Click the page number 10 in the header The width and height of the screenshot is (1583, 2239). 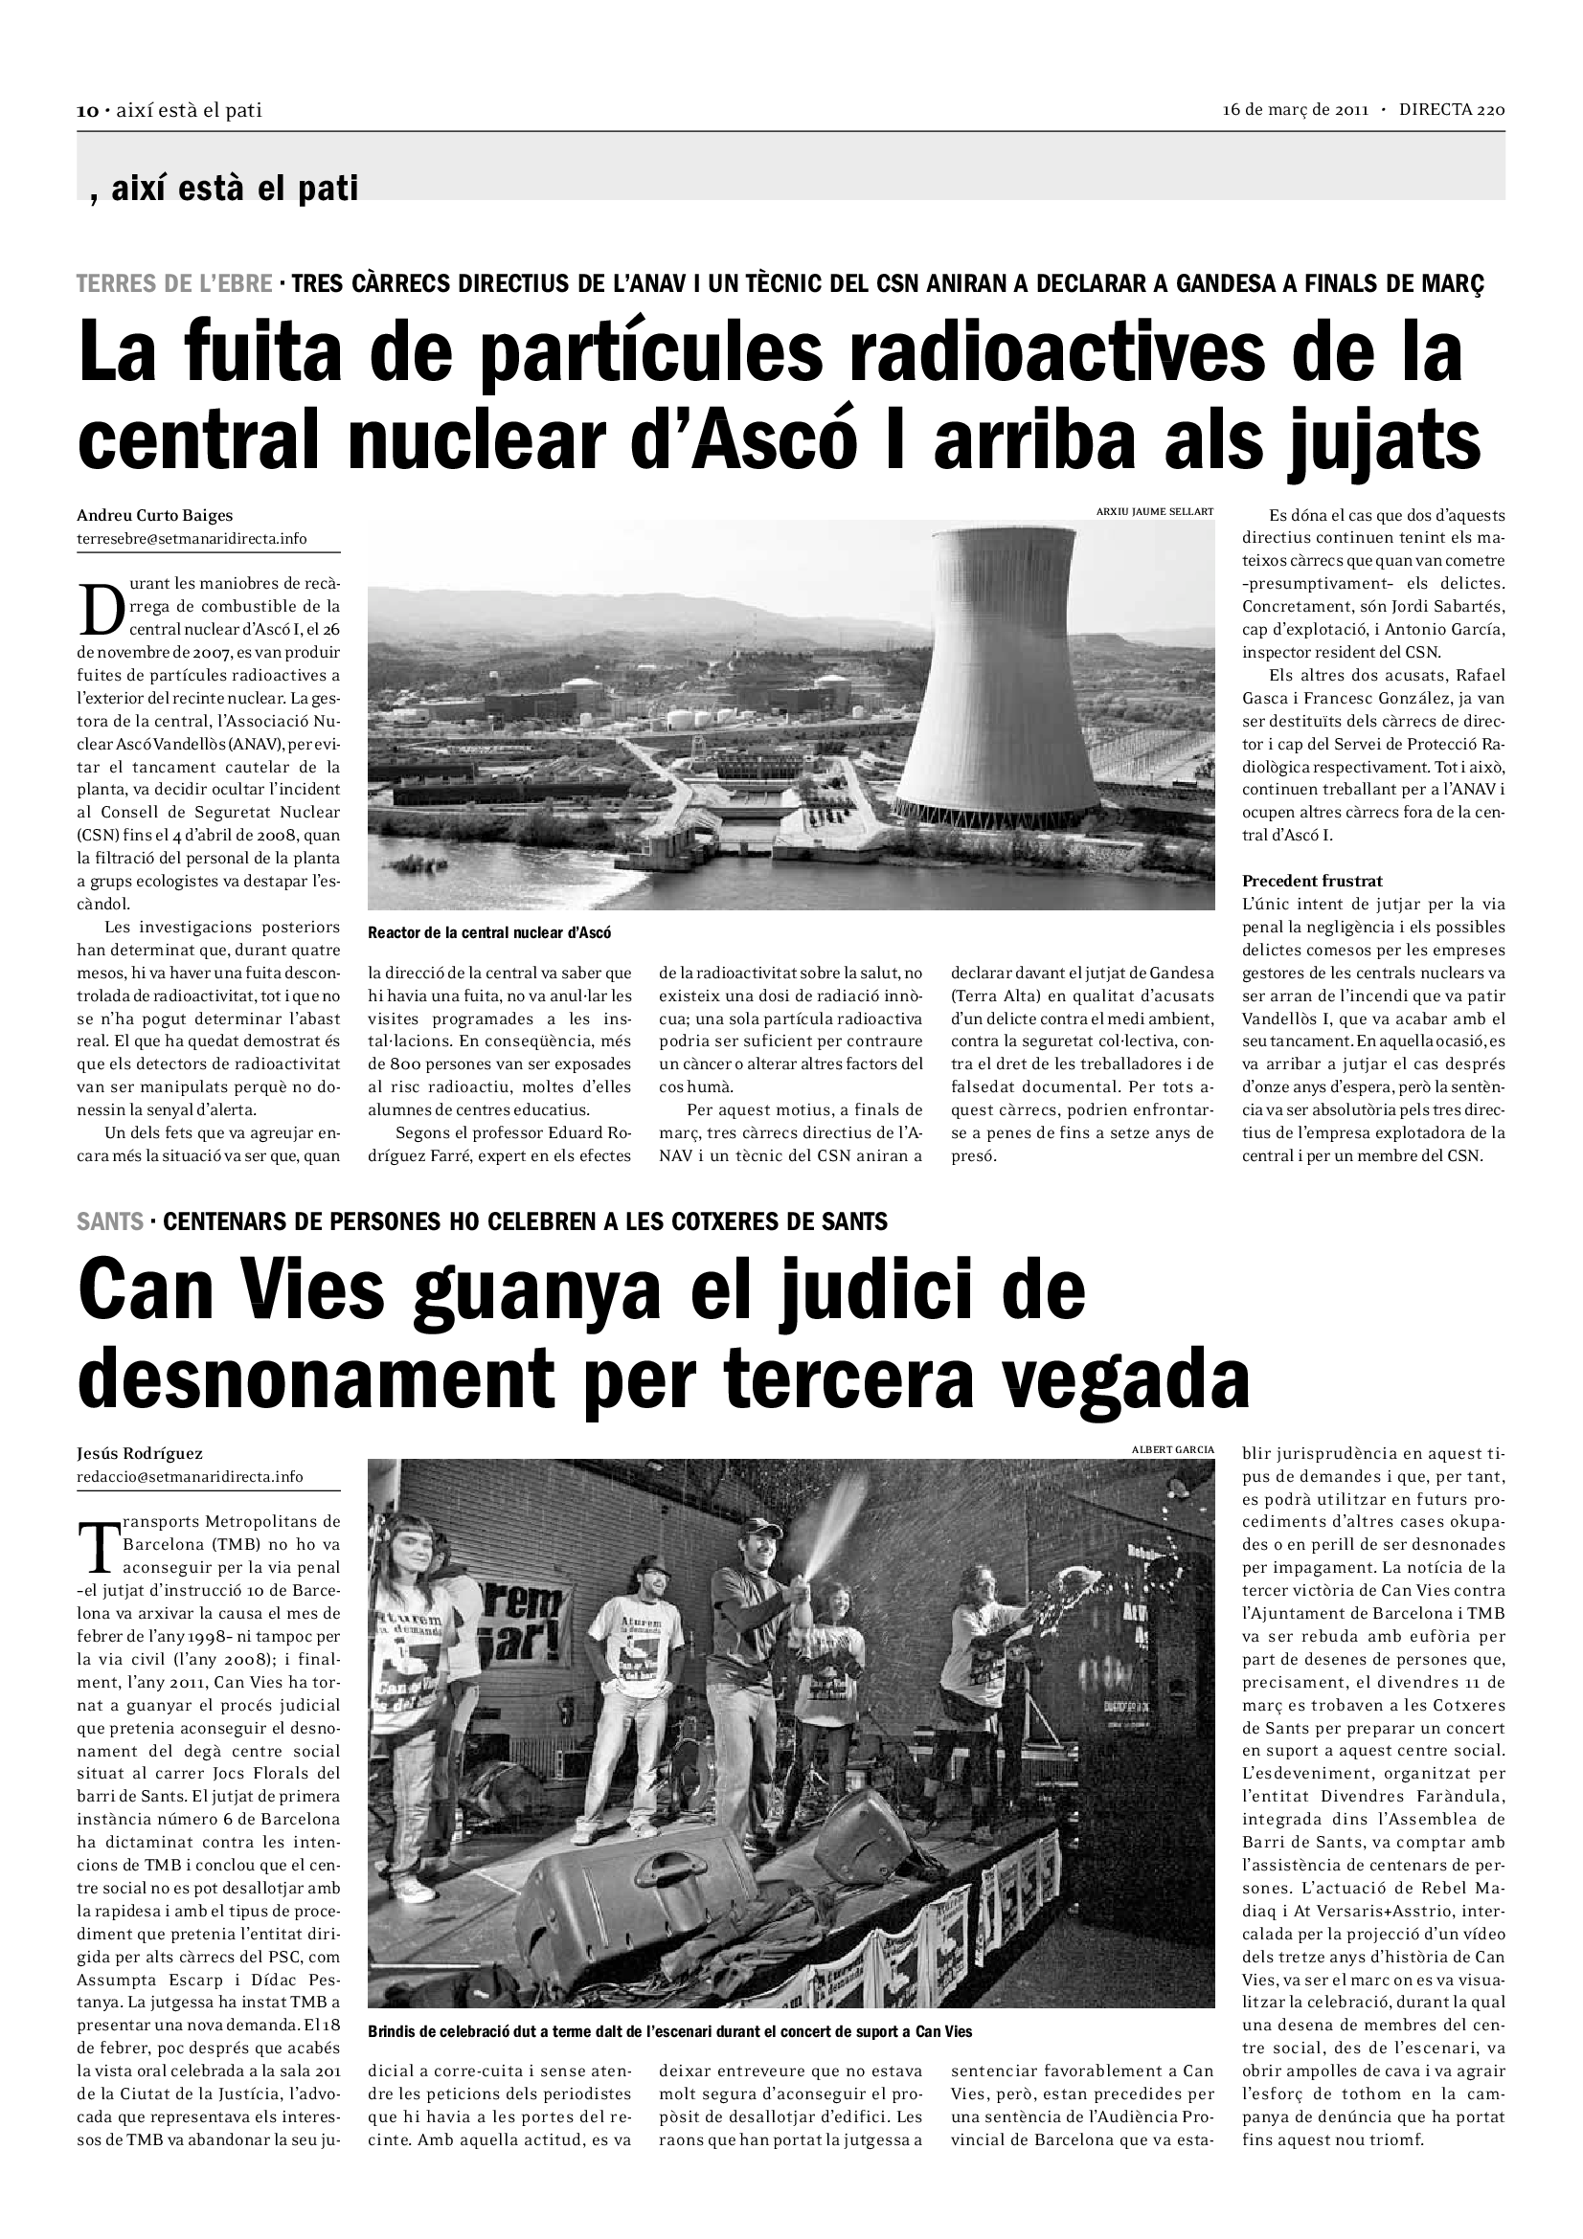click(x=87, y=111)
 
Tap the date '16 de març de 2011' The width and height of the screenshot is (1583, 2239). click(x=1297, y=110)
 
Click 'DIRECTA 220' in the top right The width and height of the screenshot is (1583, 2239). click(x=1452, y=110)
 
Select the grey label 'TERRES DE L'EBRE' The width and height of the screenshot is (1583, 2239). click(x=174, y=284)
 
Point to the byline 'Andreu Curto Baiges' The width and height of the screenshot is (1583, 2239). click(x=155, y=516)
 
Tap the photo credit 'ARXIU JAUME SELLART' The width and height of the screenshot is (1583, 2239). click(x=1155, y=512)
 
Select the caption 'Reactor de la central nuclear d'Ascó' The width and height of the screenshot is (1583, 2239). click(x=488, y=932)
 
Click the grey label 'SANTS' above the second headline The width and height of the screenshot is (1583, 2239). click(x=109, y=1220)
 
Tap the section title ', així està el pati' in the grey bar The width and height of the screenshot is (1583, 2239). click(x=224, y=188)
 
